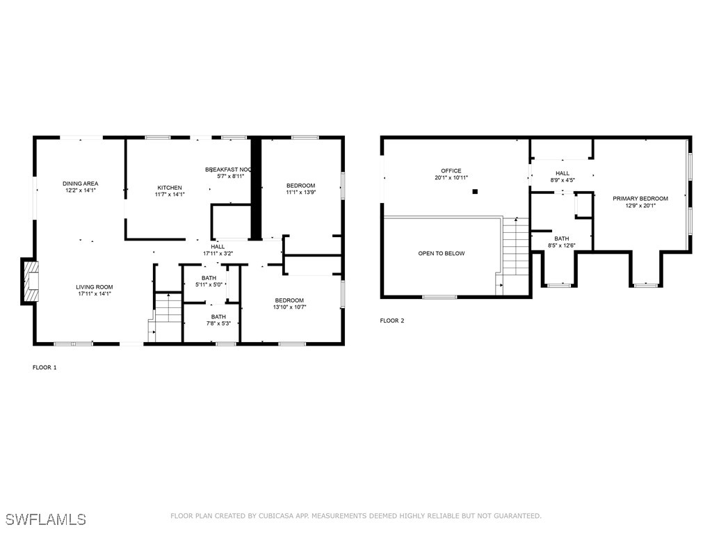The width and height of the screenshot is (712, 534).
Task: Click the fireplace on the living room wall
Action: click(x=30, y=281)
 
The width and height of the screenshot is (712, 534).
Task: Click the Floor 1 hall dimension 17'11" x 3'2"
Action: click(x=218, y=254)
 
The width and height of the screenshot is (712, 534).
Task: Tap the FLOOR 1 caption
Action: click(x=44, y=367)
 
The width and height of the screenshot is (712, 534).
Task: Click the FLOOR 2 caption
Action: click(x=391, y=321)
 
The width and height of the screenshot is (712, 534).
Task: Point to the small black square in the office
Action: click(x=476, y=191)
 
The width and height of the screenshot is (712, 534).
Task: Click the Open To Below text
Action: click(x=441, y=254)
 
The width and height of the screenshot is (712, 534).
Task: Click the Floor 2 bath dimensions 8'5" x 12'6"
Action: click(x=562, y=245)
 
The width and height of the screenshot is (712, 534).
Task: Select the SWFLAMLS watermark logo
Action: click(x=46, y=519)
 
